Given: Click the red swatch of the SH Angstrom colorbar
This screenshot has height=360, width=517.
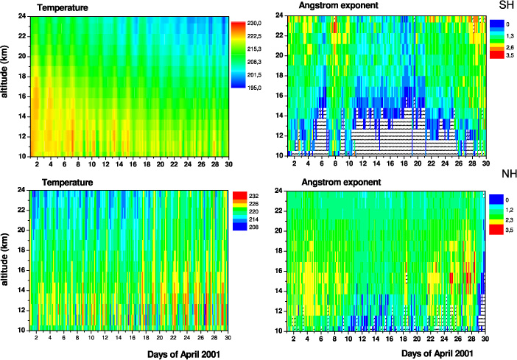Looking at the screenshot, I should point(494,55).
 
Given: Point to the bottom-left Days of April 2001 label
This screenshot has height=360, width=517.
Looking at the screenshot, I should point(175,353).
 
